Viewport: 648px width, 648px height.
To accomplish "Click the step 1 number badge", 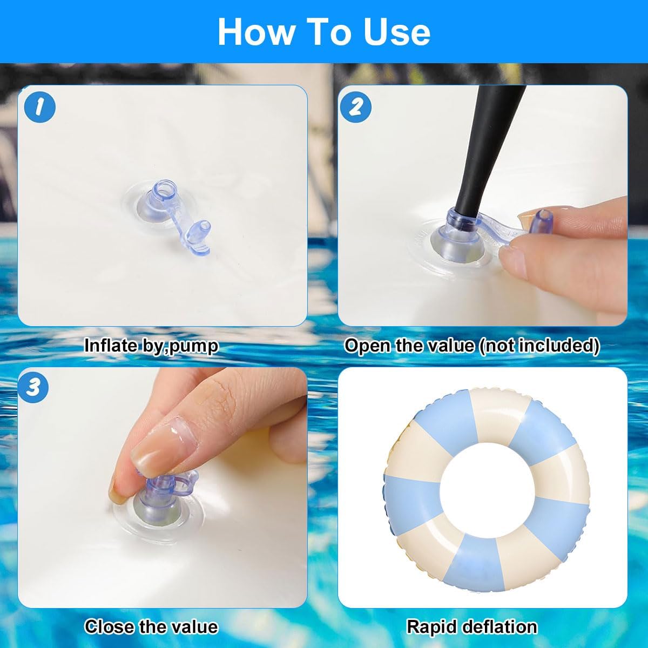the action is pos(39,107).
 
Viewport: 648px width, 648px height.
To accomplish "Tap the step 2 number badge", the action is pos(356,107).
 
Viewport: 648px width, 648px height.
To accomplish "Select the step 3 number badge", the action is pos(32,388).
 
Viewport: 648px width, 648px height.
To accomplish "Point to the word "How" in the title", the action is pos(256,32).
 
